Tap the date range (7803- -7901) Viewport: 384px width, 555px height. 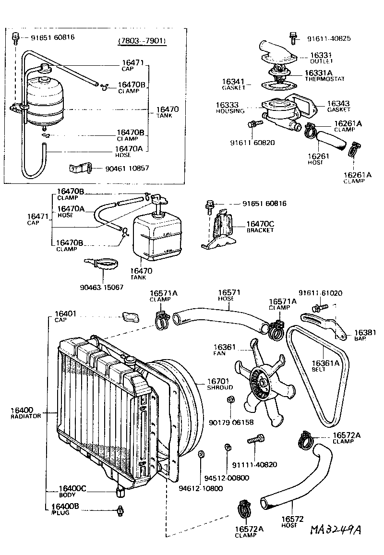coord(142,41)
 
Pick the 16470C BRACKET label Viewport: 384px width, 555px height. coord(260,226)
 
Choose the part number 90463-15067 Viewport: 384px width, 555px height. coord(102,287)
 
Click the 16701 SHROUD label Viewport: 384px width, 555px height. coord(220,384)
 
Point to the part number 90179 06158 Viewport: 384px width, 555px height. coord(231,422)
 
